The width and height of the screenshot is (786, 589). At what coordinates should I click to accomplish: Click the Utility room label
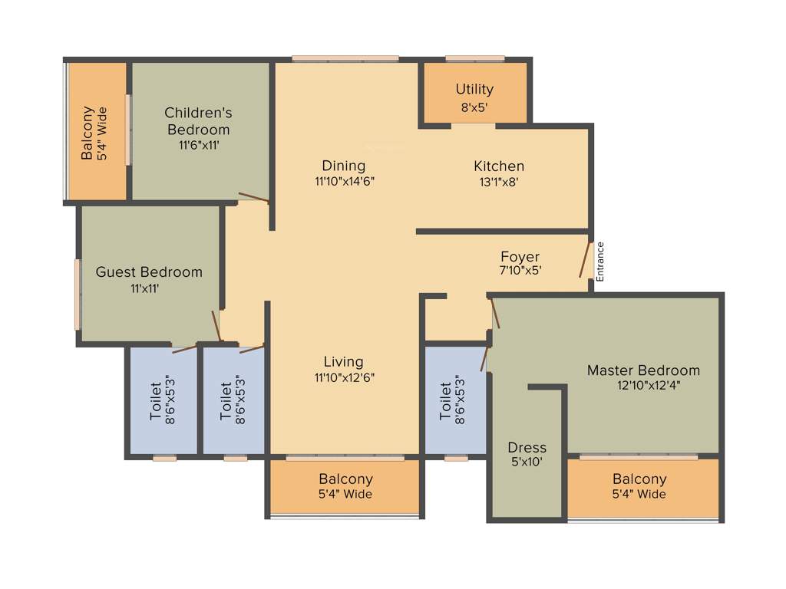coord(474,89)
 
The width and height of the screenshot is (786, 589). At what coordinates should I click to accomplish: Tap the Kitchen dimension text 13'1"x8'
coord(498,182)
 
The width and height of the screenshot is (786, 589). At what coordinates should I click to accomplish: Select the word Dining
coord(343,166)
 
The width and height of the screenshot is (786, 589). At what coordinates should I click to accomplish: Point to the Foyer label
coord(520,256)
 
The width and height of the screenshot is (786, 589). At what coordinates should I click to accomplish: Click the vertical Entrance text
coord(600,262)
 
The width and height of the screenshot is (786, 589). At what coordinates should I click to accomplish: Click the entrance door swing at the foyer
coord(585,260)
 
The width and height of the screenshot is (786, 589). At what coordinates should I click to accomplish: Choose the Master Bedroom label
coord(643,370)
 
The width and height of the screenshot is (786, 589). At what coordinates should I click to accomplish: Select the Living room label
coord(343,361)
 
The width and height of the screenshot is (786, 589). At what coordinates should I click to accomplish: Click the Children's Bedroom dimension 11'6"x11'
coord(198,144)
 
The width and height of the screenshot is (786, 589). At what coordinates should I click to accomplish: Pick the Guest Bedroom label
coord(149,271)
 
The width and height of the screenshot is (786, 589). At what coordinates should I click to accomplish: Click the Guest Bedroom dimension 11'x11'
coord(145,288)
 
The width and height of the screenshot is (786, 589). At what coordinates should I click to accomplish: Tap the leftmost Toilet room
coord(163,400)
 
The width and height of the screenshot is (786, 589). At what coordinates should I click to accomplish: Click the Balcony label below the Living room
coord(345,479)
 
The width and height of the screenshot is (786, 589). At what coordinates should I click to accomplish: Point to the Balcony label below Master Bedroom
coord(639,479)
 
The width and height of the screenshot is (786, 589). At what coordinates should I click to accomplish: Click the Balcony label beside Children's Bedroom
coord(88,133)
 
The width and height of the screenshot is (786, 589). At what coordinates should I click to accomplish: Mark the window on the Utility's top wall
coord(474,58)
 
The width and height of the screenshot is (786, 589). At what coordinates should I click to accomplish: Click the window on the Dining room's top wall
coord(345,58)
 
